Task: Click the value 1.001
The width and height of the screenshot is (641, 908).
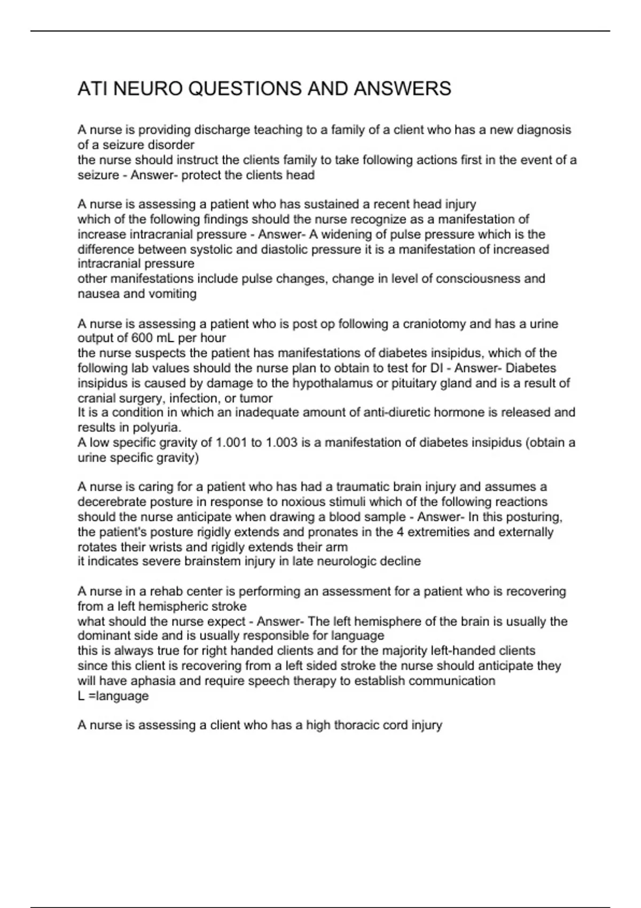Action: point(231,443)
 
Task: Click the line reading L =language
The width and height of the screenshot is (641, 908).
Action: point(113,696)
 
